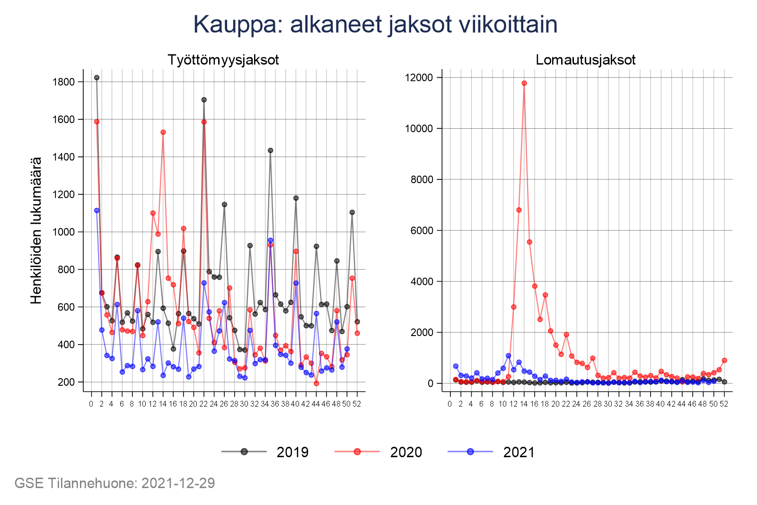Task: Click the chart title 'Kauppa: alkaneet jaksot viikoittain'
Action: pos(375,25)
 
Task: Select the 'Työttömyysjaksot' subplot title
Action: pos(223,60)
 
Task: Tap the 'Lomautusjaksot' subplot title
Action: pos(586,60)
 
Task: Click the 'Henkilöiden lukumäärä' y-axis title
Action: pos(36,230)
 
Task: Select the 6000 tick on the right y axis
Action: pos(422,230)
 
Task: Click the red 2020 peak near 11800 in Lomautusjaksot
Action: pos(524,83)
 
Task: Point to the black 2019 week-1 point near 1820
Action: pos(97,78)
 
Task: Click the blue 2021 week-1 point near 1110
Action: pos(97,211)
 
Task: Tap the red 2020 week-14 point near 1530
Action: pos(163,133)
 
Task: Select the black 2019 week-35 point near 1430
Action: pos(271,151)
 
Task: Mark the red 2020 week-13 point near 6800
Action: pos(519,210)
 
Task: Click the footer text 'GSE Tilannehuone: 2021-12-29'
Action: pos(115,483)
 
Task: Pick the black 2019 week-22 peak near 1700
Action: pos(204,100)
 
